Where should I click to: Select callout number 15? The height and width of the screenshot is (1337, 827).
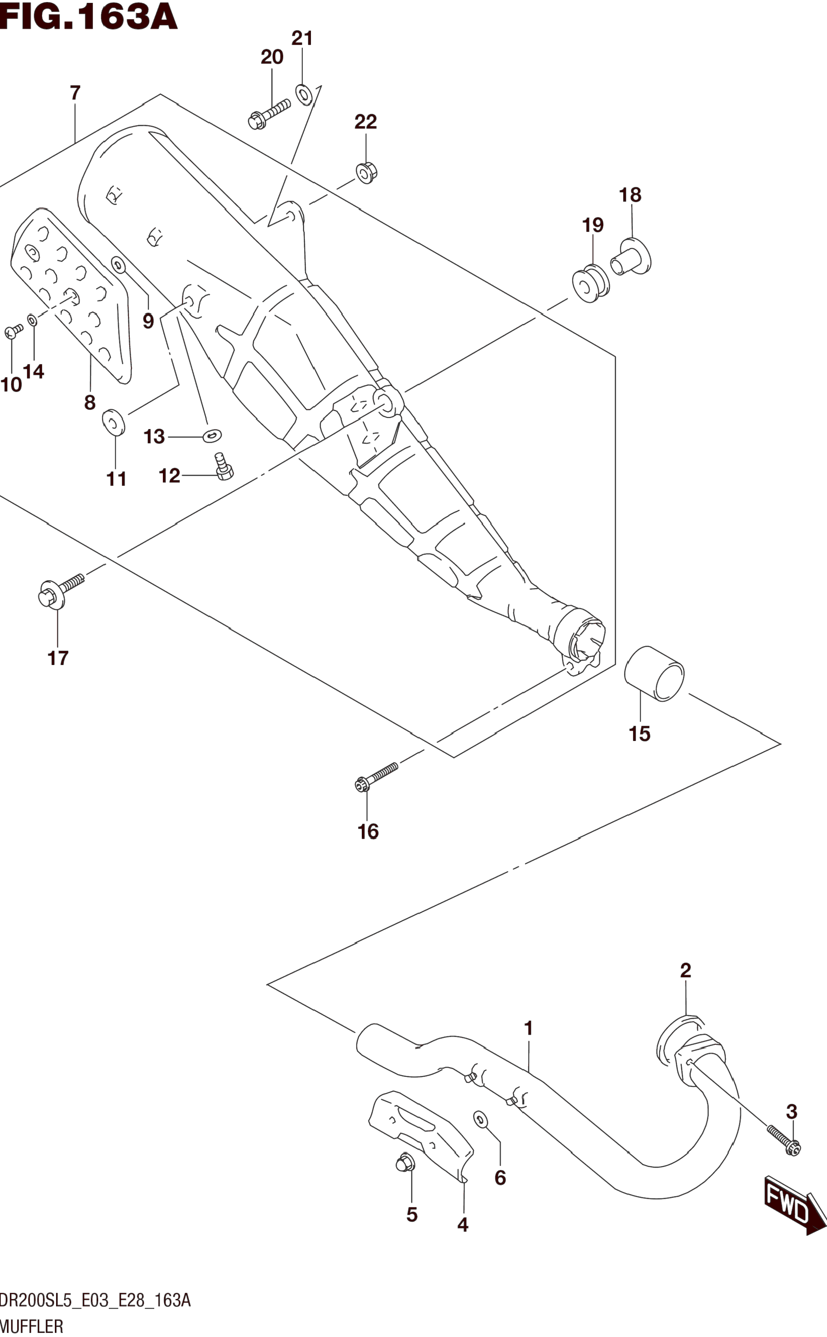pos(639,733)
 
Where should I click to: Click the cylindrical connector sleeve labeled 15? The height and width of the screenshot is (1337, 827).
pos(654,674)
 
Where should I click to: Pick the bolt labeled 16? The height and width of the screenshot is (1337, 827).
pos(376,777)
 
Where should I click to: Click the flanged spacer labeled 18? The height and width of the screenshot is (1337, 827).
pos(631,256)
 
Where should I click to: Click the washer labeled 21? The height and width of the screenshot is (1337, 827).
pos(304,93)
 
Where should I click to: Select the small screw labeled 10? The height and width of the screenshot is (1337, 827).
pos(14,331)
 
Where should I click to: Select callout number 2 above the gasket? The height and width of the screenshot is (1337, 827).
pos(685,970)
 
